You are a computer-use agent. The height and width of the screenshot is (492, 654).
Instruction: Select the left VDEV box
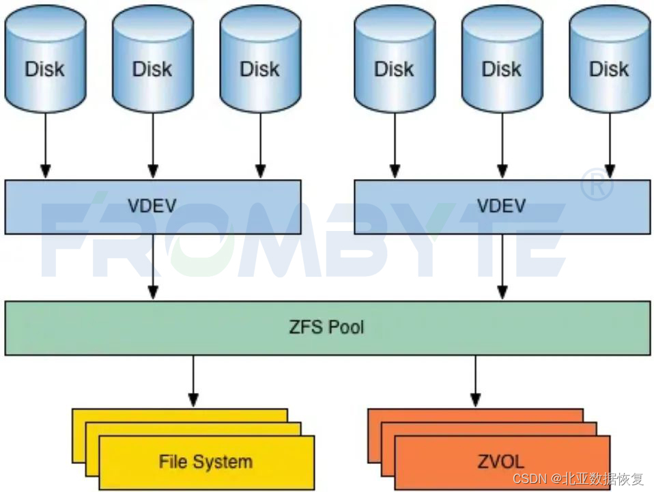pos(152,206)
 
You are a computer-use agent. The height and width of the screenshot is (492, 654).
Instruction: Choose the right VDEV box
pos(502,206)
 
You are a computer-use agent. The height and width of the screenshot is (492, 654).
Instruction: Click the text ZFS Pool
pos(326,327)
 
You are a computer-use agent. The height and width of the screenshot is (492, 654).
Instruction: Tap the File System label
pos(205,461)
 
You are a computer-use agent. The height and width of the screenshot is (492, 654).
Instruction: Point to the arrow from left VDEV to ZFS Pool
pos(153,266)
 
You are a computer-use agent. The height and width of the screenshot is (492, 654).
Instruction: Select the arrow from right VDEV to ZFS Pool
pos(502,266)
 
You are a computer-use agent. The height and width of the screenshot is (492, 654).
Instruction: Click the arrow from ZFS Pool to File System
pos(193,380)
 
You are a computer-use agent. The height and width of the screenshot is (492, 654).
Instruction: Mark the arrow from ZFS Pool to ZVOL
pos(475,380)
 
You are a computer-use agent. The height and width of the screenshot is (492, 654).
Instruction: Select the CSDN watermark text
pos(578,478)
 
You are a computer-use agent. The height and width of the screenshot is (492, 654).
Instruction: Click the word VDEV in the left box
pos(152,206)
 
